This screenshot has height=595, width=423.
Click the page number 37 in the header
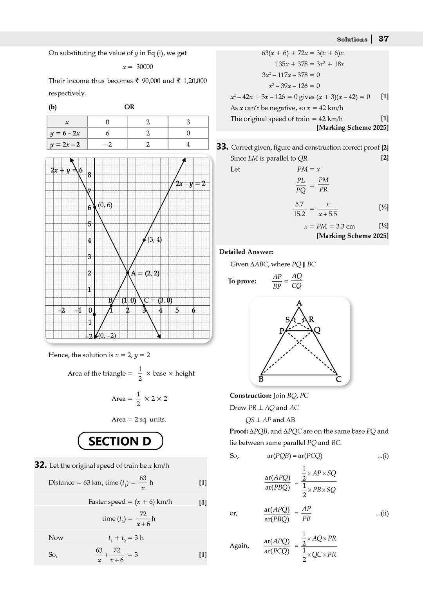point(383,39)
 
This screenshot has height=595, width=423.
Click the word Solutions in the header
point(352,40)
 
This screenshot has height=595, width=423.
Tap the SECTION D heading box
point(120,441)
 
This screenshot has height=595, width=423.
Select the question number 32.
point(41,465)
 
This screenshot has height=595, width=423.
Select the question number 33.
point(222,147)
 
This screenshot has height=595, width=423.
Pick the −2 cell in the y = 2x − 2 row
point(107,145)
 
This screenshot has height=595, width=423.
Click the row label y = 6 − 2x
point(65,134)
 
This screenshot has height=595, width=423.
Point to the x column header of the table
point(67,122)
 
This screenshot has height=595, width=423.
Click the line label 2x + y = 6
point(67,170)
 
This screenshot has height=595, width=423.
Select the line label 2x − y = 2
point(190,184)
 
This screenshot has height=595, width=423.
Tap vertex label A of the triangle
point(299,303)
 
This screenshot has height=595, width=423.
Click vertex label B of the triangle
point(261,380)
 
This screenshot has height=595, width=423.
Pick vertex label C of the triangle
point(339,380)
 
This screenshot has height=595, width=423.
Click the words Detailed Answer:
point(246,252)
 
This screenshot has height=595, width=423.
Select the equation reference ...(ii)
point(382,513)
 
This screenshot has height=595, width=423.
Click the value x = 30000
point(137,67)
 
